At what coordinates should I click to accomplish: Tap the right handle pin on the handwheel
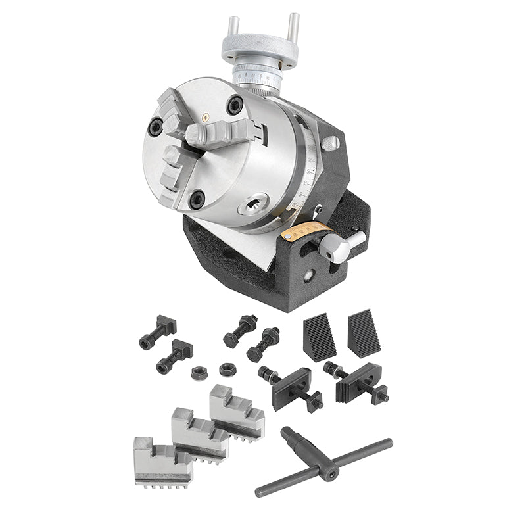[x=294, y=30]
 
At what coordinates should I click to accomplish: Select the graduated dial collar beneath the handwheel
[x=258, y=80]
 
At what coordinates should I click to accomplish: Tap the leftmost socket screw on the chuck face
[x=156, y=126]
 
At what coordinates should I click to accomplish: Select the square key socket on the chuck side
[x=255, y=206]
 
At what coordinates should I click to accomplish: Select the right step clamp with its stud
[x=358, y=382]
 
